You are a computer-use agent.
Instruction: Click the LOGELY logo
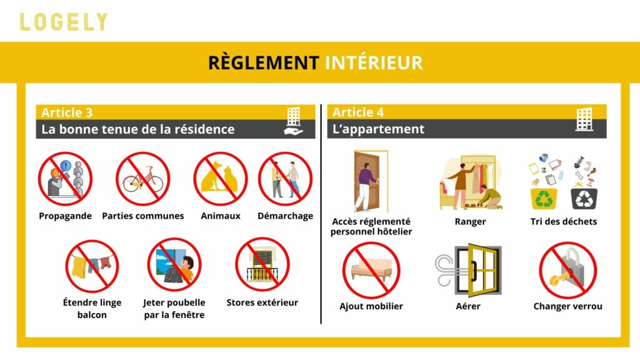tap(63, 22)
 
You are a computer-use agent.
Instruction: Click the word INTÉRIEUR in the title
tap(374, 62)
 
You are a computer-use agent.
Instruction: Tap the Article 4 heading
tap(358, 112)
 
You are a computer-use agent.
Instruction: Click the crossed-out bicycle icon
tap(143, 179)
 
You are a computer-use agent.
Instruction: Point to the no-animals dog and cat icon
tap(220, 179)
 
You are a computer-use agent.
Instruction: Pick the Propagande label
tap(65, 216)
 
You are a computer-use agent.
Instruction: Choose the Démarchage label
tap(285, 216)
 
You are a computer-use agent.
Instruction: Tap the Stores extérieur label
tap(262, 302)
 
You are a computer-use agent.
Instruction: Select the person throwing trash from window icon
tap(174, 265)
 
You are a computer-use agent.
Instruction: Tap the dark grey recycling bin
tap(584, 198)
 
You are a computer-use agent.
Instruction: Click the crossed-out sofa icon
tap(371, 270)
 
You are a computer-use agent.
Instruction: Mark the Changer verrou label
tap(567, 306)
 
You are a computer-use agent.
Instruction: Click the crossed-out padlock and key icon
tap(567, 270)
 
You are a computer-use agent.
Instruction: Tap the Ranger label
tap(470, 221)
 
